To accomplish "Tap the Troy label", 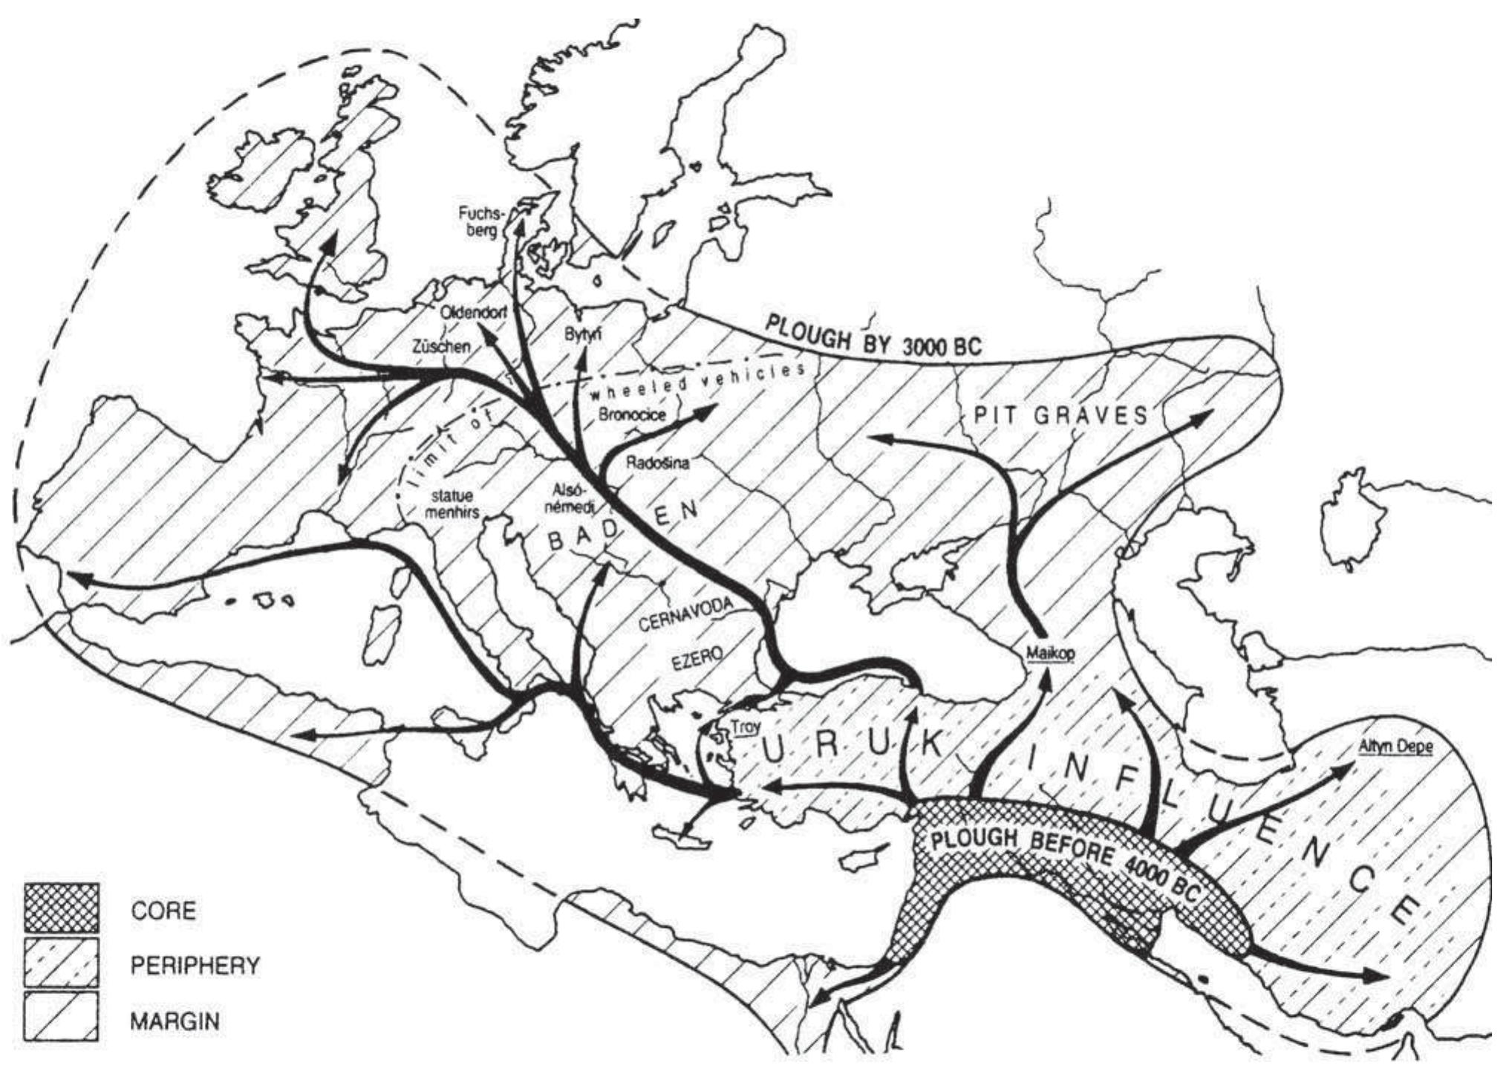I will point(745,727).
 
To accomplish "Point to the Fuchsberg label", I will point(480,221).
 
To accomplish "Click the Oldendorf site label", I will point(474,313).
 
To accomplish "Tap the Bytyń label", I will point(584,334).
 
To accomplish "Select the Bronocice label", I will point(631,414).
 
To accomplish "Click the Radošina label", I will point(658,463).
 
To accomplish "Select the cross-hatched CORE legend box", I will point(61,908).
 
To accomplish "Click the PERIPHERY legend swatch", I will point(61,963).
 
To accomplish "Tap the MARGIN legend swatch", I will point(61,1018).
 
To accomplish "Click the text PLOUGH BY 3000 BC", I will point(873,335).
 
